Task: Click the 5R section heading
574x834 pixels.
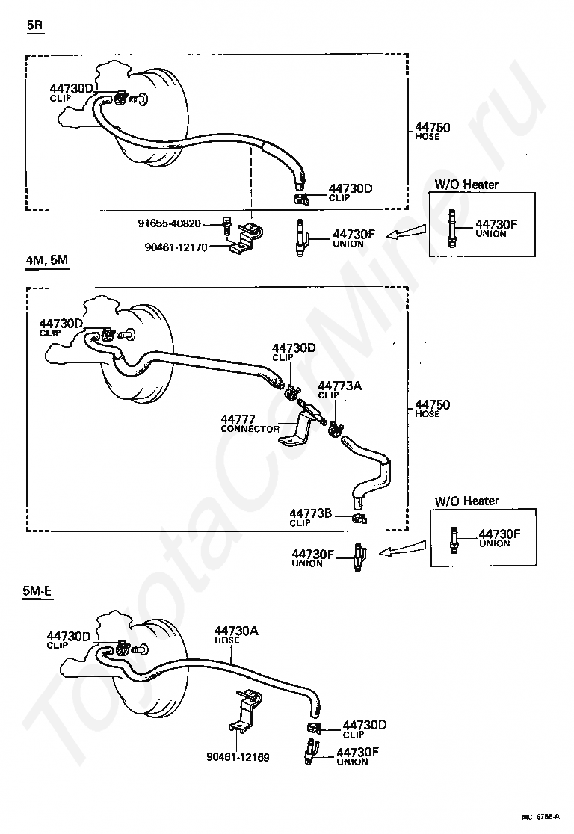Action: pyautogui.click(x=35, y=25)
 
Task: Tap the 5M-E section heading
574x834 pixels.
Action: pyautogui.click(x=37, y=591)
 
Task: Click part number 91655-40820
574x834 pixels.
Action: pyautogui.click(x=169, y=223)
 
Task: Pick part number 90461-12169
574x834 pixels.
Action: pyautogui.click(x=238, y=757)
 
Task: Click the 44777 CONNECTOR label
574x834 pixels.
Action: pyautogui.click(x=250, y=424)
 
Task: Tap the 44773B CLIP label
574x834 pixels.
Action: pyautogui.click(x=310, y=517)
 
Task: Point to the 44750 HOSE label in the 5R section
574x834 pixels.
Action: pyautogui.click(x=432, y=132)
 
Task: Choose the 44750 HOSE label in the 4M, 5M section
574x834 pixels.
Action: pyautogui.click(x=432, y=409)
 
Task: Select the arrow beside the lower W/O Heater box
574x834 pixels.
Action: pyautogui.click(x=401, y=552)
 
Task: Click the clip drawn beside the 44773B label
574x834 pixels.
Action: pyautogui.click(x=359, y=517)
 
